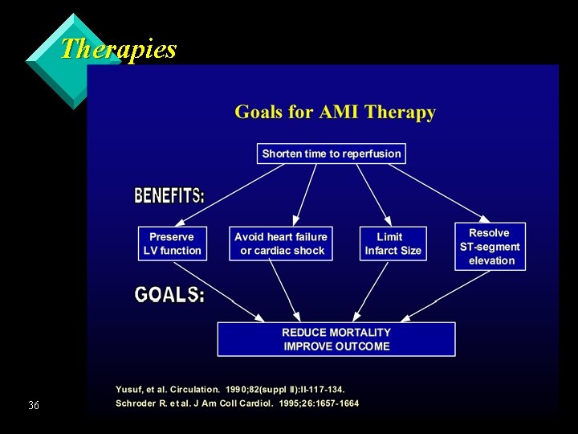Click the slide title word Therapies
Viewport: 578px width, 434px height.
tap(118, 49)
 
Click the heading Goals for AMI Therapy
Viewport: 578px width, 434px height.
tap(335, 113)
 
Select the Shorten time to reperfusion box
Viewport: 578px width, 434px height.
tap(332, 154)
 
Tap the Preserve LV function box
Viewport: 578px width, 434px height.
tap(172, 244)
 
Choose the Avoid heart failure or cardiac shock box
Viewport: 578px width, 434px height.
tap(281, 244)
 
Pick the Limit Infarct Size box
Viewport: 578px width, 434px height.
tap(393, 244)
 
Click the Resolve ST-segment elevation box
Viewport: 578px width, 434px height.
tap(490, 247)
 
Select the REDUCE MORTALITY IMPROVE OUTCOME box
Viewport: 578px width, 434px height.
tap(336, 339)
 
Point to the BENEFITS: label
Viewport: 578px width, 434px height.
tap(169, 195)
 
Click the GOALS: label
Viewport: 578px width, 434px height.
tap(169, 295)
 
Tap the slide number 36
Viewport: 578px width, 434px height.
tap(33, 405)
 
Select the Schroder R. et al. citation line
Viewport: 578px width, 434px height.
tap(237, 403)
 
